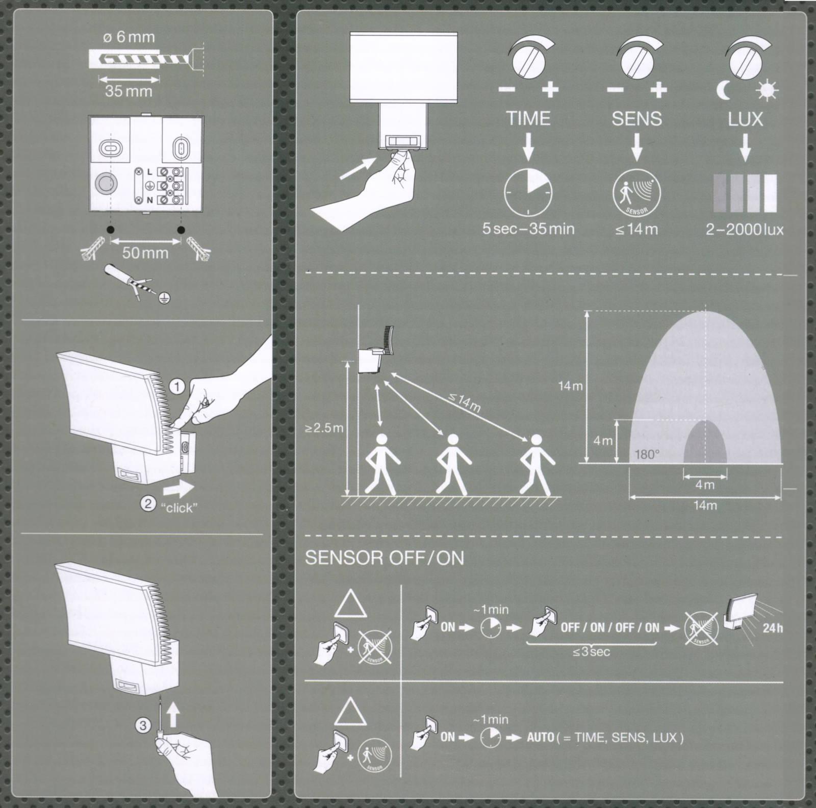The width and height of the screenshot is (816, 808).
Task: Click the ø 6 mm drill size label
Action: coord(128,37)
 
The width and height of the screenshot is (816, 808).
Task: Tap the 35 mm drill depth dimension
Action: coord(129,91)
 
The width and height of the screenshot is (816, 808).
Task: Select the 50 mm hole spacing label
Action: coord(145,252)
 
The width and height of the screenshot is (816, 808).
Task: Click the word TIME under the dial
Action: coord(528,119)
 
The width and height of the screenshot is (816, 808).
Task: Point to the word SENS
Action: coord(636,119)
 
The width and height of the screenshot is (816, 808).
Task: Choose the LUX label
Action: coord(745,119)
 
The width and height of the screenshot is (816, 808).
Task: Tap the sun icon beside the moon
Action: coord(768,91)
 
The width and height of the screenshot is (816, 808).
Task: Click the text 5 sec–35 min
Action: coord(528,229)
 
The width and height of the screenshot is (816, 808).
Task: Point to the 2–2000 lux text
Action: coord(745,229)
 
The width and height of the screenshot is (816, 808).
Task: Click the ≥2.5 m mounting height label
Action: coord(324,427)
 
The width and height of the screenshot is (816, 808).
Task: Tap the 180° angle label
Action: coord(648,454)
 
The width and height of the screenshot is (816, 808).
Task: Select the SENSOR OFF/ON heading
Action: coord(385,558)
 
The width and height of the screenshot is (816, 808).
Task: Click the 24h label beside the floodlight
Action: coord(773,628)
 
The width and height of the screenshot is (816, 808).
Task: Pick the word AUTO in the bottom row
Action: coord(541,738)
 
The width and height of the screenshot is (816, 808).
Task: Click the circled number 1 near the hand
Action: coord(177,388)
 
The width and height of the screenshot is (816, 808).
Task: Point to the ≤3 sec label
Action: coord(591,652)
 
